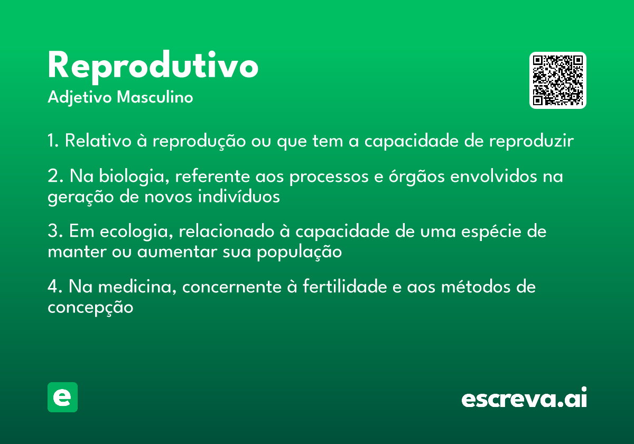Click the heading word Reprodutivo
point(153,67)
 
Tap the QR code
point(557,80)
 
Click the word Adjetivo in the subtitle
point(80,98)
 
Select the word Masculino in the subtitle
point(155,97)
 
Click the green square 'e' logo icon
point(62,397)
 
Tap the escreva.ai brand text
point(524,397)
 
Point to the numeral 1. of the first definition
point(53,140)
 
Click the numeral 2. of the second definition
point(55,176)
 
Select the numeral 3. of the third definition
point(55,230)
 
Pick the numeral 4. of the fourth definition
point(55,286)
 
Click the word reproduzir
point(532,141)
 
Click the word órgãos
point(417,177)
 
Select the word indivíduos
point(239,196)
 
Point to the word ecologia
point(136,232)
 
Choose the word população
point(300,252)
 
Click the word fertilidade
point(345,286)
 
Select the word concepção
point(90,308)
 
